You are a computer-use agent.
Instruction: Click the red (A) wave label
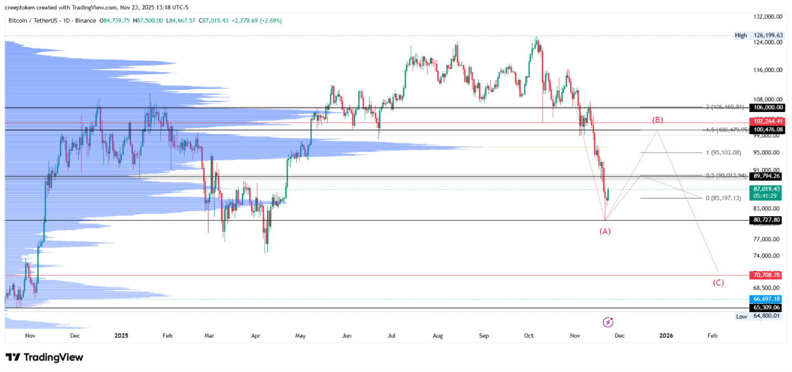(x=605, y=231)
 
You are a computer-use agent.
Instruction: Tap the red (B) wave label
(x=657, y=120)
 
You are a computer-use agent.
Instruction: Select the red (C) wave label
(x=718, y=283)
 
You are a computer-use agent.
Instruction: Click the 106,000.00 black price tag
(x=767, y=108)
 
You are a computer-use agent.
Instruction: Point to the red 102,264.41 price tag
(x=767, y=121)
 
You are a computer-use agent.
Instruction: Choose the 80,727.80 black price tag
(x=767, y=220)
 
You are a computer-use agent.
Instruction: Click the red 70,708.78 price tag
(x=767, y=275)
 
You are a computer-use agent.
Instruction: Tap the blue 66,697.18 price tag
(x=767, y=299)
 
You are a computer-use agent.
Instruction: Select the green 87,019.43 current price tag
(x=767, y=189)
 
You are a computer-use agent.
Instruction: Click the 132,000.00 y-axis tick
(x=767, y=17)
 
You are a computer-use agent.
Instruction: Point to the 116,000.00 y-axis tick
(x=767, y=70)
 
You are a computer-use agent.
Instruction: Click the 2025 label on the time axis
(x=121, y=335)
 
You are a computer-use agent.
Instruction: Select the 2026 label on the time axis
(x=666, y=335)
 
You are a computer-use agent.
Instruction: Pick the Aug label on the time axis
(x=438, y=335)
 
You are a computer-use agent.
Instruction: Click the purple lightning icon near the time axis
(x=608, y=322)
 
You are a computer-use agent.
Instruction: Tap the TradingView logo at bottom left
(x=44, y=358)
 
